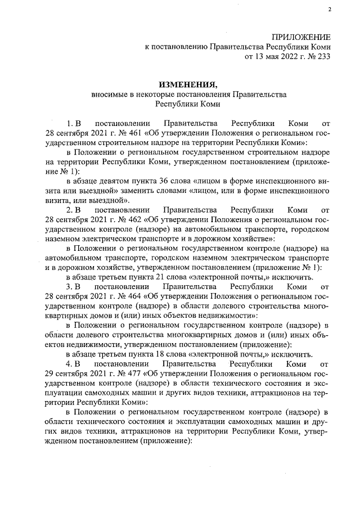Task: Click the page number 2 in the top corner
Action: pyautogui.click(x=330, y=10)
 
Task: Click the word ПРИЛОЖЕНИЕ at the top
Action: pyautogui.click(x=301, y=37)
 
